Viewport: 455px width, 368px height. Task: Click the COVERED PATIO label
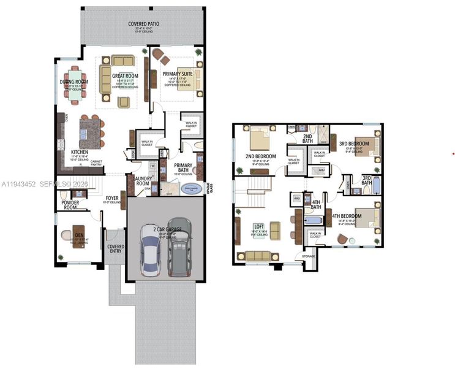(144, 24)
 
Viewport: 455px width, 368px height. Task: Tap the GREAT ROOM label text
(124, 76)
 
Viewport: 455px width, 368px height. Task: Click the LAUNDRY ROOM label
(142, 180)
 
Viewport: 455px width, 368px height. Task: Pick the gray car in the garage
(178, 245)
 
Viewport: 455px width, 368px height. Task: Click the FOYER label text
(111, 198)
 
